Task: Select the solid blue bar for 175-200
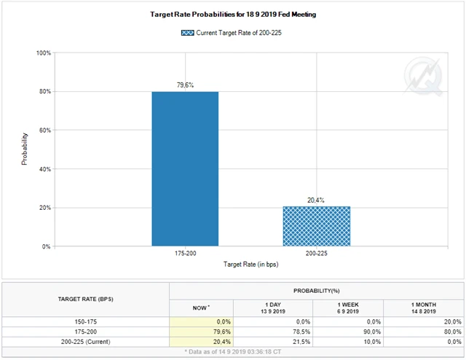[x=185, y=168]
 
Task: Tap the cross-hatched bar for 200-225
[x=316, y=226]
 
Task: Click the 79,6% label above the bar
[x=185, y=85]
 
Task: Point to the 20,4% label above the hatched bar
[x=316, y=200]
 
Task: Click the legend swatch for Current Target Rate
[x=188, y=33]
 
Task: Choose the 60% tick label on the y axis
[x=44, y=130]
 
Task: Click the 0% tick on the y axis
[x=46, y=246]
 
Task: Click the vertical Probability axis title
[x=25, y=149]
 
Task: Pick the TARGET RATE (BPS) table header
[x=86, y=299]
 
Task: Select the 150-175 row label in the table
[x=86, y=321]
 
